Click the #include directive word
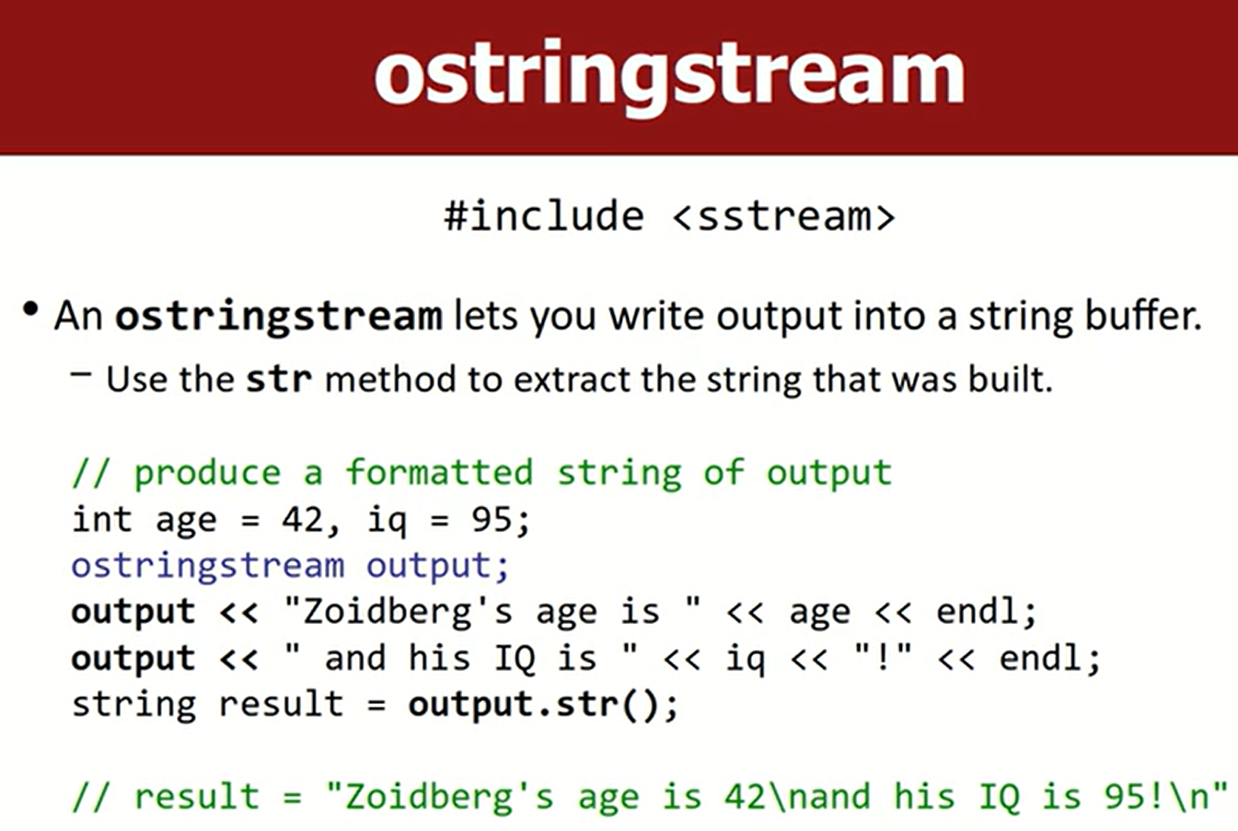pyautogui.click(x=544, y=215)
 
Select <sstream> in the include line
pyautogui.click(x=783, y=216)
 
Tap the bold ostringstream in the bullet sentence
pyautogui.click(x=279, y=317)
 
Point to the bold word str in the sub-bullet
pyautogui.click(x=279, y=379)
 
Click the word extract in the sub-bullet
pyautogui.click(x=572, y=380)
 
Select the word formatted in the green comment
pyautogui.click(x=439, y=473)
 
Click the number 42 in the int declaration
pyautogui.click(x=302, y=520)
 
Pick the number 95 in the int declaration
pyautogui.click(x=492, y=520)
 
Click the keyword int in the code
pyautogui.click(x=101, y=519)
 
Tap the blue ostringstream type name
pyautogui.click(x=208, y=567)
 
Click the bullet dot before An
pyautogui.click(x=31, y=309)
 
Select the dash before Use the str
pyautogui.click(x=81, y=374)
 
